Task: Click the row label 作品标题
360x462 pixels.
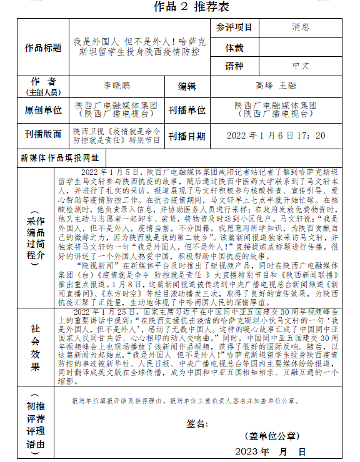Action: (x=43, y=47)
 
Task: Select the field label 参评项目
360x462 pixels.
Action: (x=234, y=27)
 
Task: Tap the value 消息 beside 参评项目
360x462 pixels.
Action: (x=300, y=27)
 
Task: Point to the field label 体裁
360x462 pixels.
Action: (x=234, y=47)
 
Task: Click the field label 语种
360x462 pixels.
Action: (x=234, y=65)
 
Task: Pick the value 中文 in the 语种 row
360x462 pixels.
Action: (x=301, y=65)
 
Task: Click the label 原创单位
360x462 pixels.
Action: (x=43, y=111)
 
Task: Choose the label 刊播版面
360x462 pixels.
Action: (x=43, y=135)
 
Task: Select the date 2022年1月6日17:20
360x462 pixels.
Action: (x=276, y=135)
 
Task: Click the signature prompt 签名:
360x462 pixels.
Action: (x=197, y=424)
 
